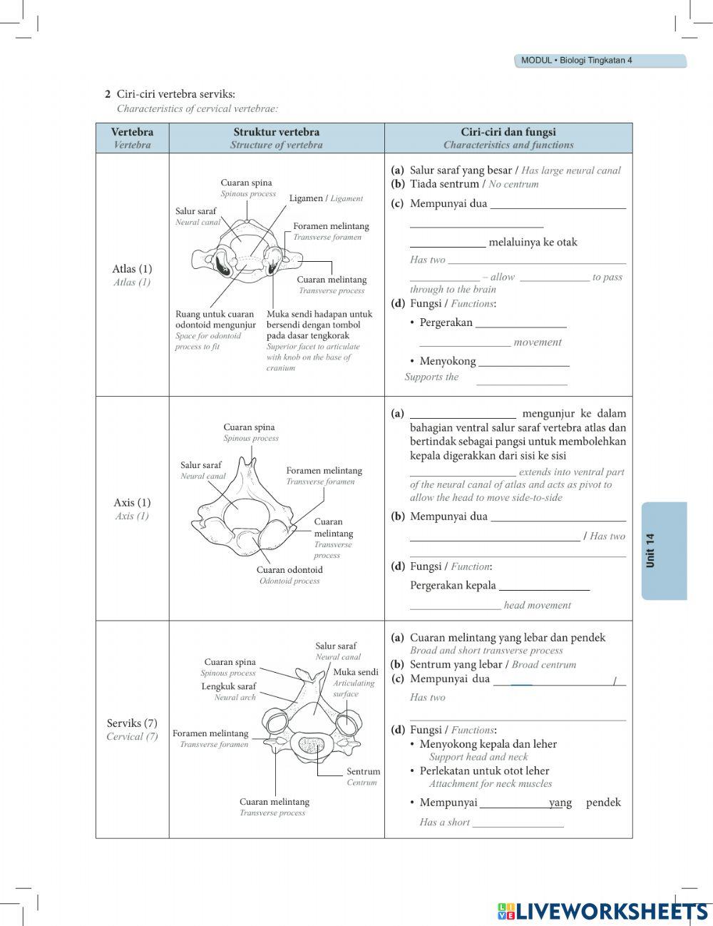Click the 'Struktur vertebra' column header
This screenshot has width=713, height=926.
[x=276, y=132]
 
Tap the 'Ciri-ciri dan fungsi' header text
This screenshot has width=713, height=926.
[x=508, y=132]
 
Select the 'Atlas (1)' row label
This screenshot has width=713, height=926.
[x=132, y=269]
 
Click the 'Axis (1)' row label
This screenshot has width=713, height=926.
[x=132, y=502]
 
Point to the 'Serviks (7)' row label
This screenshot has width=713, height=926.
[x=132, y=723]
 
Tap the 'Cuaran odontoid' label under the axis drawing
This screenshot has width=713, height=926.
[x=289, y=570]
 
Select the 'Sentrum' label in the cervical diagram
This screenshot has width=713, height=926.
[x=363, y=771]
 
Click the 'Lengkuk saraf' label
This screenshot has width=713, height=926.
[x=228, y=686]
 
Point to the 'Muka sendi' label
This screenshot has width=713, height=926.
[x=356, y=672]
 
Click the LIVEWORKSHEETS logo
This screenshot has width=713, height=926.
[x=602, y=910]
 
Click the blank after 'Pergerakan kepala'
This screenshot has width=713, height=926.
[x=544, y=586]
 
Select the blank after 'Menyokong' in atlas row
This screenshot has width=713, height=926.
[x=524, y=362]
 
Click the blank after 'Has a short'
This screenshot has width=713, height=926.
[x=518, y=823]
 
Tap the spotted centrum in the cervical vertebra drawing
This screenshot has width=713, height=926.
[x=311, y=747]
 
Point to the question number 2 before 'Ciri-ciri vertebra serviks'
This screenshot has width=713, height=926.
[x=108, y=94]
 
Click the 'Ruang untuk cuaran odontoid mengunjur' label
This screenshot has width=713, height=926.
[x=215, y=320]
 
